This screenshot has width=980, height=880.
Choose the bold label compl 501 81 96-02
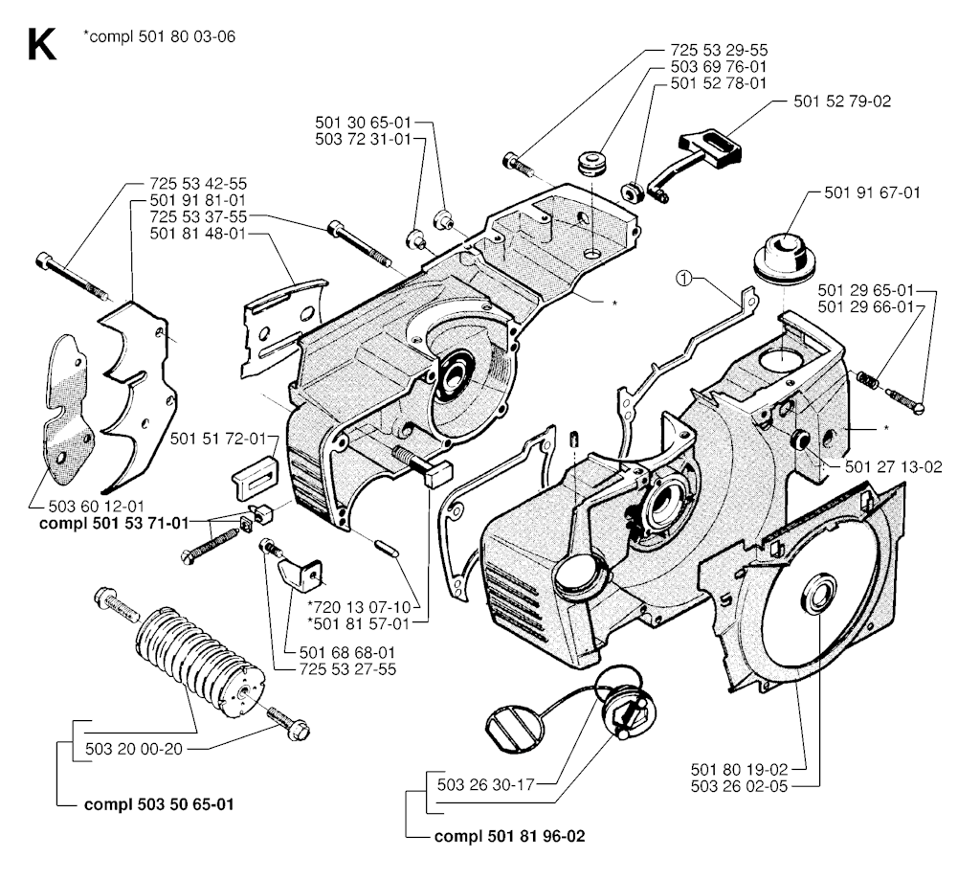point(509,835)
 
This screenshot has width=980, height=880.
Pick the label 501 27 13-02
point(894,466)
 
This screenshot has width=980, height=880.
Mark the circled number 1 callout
point(682,279)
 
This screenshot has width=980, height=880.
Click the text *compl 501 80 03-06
point(159,37)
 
